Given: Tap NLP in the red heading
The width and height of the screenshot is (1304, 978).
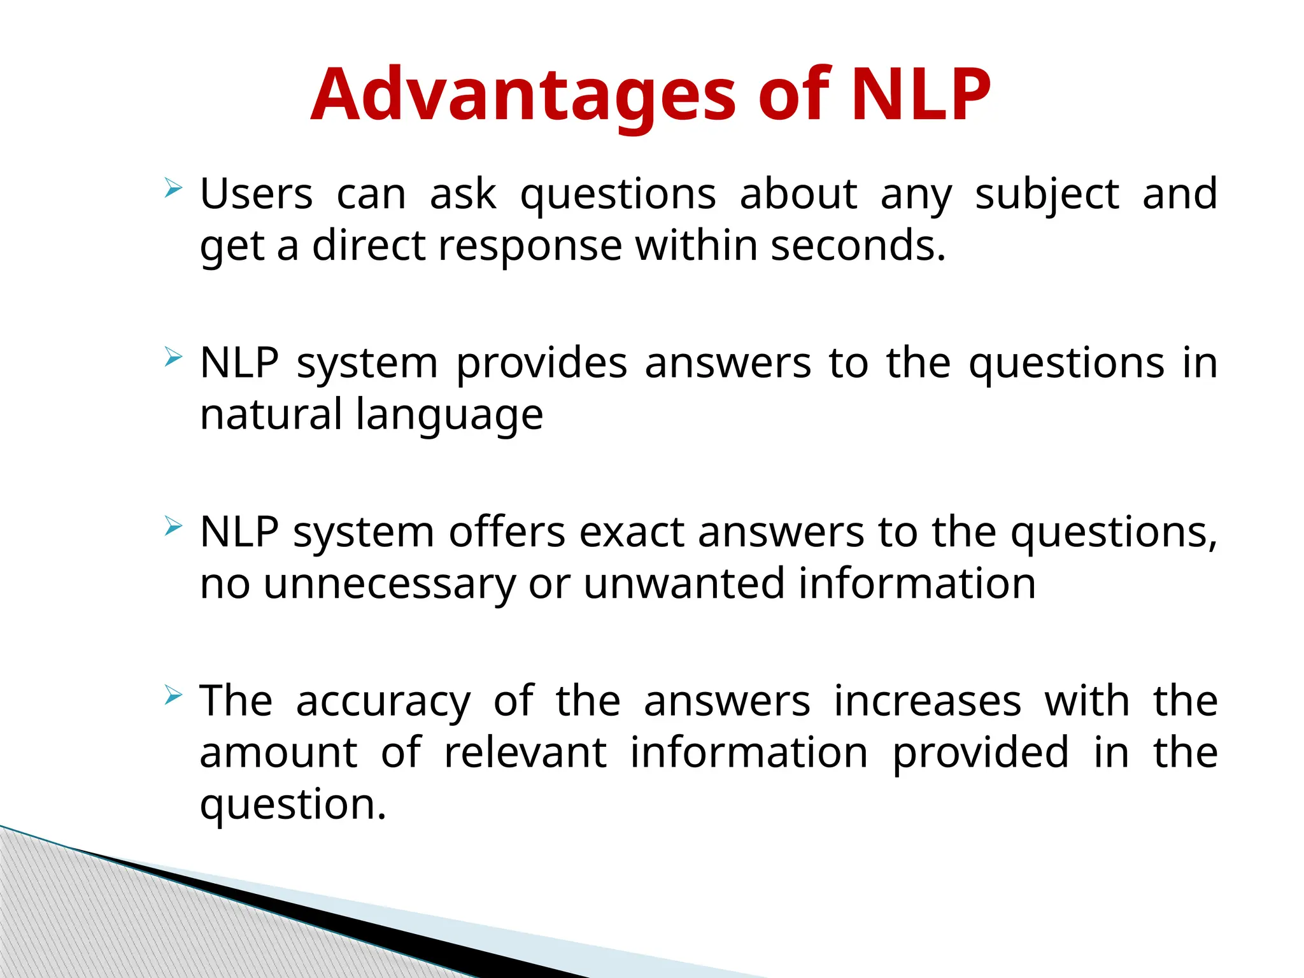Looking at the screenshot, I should (921, 96).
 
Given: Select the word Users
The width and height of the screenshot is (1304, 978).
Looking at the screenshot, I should (257, 194).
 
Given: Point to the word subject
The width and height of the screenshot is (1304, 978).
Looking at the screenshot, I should (1047, 195).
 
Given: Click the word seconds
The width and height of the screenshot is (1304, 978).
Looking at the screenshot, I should (858, 246).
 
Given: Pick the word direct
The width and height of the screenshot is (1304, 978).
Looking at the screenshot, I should (369, 246).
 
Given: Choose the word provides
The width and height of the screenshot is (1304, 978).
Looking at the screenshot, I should (542, 364).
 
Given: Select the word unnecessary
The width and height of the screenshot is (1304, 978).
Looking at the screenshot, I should (389, 585).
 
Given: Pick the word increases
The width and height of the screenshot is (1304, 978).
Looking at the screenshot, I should (928, 701).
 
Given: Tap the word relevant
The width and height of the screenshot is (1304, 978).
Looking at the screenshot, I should (525, 753).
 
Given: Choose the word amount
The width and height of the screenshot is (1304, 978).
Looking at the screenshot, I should (279, 753).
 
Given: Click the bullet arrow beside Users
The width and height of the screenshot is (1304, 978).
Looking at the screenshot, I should (173, 188).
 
